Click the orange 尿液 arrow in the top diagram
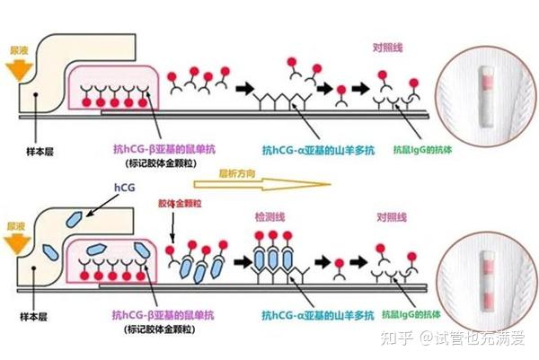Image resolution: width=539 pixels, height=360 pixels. (x=16, y=65)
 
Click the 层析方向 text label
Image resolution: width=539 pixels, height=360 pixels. (x=241, y=171)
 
